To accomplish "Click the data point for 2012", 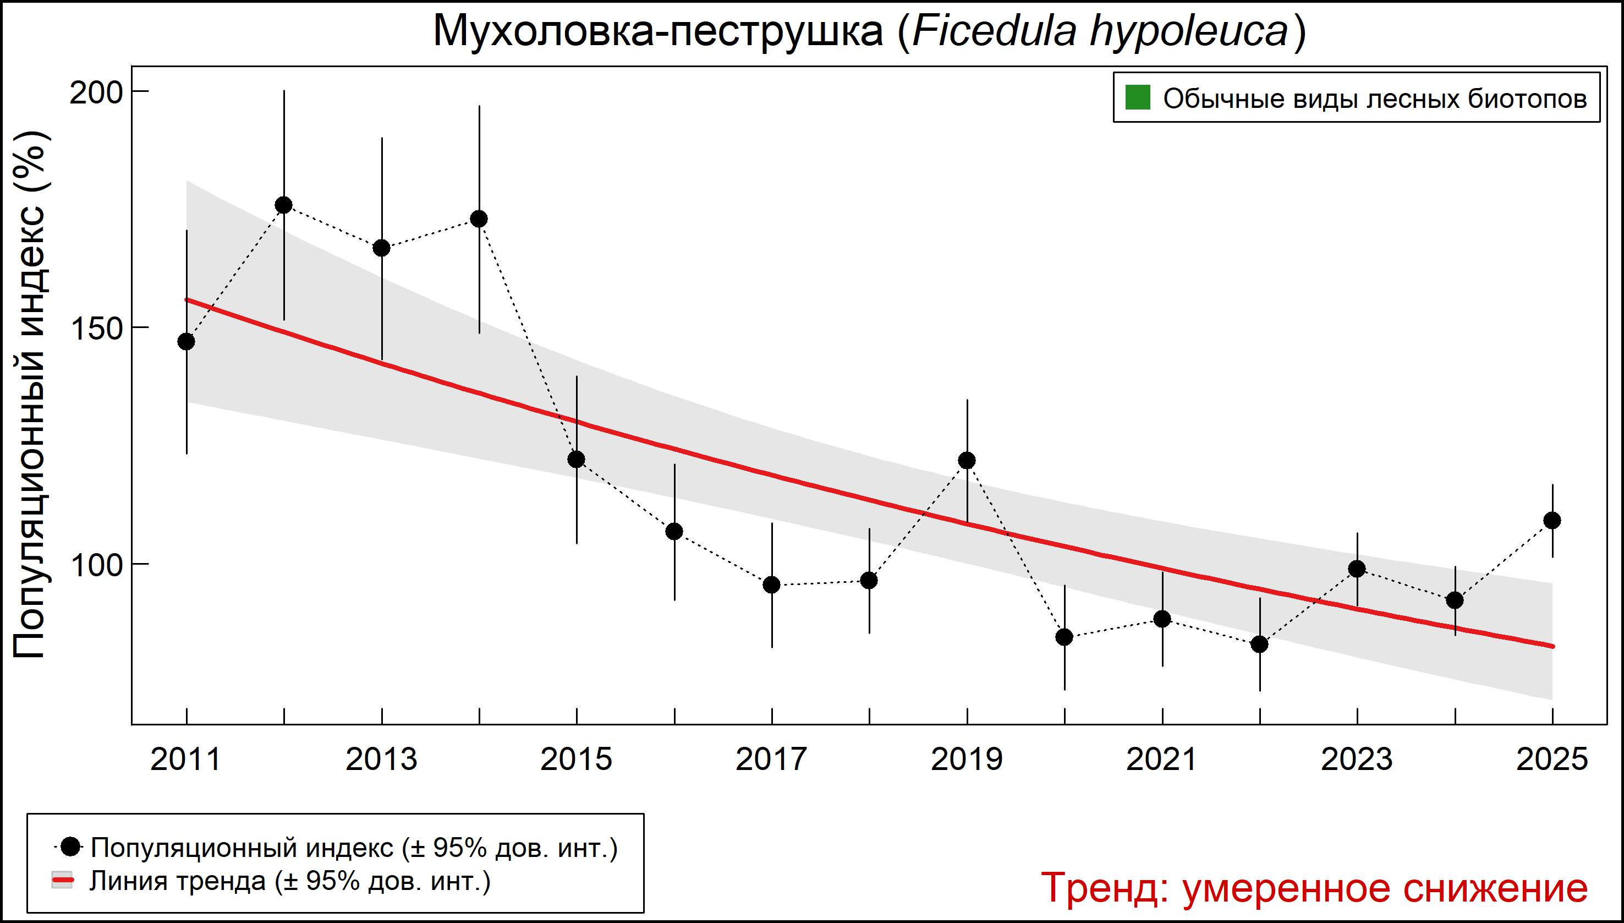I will coord(284,205).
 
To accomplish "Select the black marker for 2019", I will coord(967,460).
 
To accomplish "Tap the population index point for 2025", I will coord(1552,521).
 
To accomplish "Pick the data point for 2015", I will coord(577,459).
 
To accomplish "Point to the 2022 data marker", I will coord(1260,644).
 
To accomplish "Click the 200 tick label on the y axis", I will coord(95,93).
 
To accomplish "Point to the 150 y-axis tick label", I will coord(95,329).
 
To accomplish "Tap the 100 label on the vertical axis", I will coord(95,565).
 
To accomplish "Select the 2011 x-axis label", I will coord(185,760).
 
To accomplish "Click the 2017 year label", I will coord(771,760).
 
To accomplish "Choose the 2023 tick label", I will coord(1357,760).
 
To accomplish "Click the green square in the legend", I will coord(1137,99).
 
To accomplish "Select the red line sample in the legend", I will coord(62,881).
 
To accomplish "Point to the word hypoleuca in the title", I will coord(1189,32).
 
